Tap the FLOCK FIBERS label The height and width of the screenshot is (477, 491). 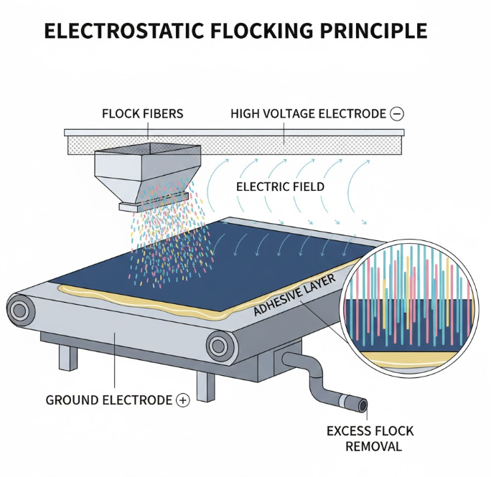pyautogui.click(x=142, y=113)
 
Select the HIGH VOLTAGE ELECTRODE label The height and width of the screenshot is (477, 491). pyautogui.click(x=308, y=113)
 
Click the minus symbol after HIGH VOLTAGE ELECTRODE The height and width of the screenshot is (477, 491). pyautogui.click(x=397, y=113)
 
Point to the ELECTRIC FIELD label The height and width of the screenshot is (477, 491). pyautogui.click(x=280, y=186)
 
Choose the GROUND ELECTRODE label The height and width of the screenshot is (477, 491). pyautogui.click(x=108, y=400)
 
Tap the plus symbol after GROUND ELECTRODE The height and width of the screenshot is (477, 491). pyautogui.click(x=183, y=400)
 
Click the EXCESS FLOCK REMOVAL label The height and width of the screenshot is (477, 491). pyautogui.click(x=370, y=438)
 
